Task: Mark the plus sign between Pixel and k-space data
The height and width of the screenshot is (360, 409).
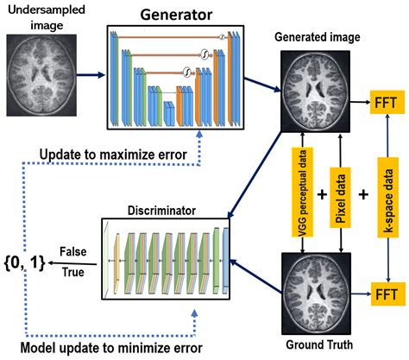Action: (x=362, y=193)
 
